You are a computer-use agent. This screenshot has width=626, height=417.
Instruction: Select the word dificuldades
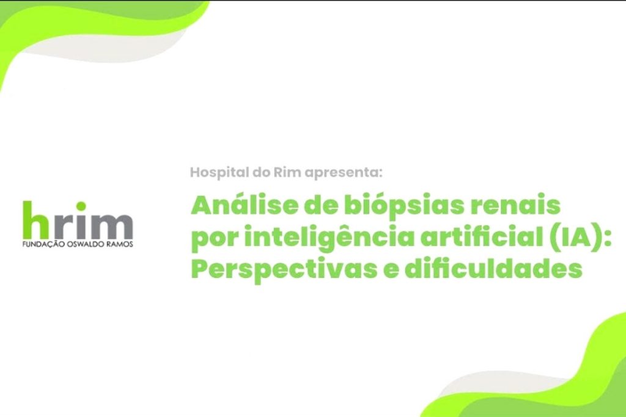493,268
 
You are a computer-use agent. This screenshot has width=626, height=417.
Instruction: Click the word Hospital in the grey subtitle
219,173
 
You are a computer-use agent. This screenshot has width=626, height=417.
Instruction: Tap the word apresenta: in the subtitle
344,173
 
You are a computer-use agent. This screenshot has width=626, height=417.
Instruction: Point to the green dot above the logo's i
81,206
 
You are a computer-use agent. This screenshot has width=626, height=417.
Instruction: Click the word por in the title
214,240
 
